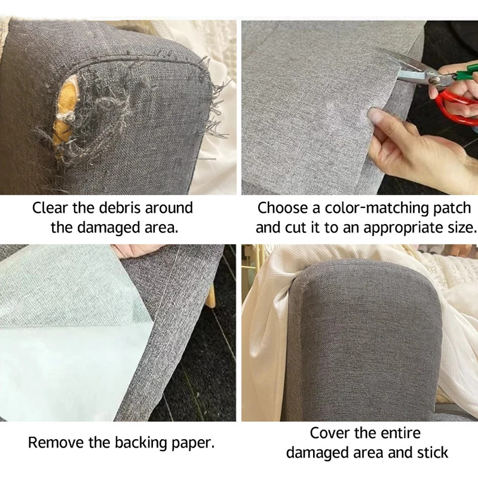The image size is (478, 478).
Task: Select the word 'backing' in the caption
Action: pos(141,443)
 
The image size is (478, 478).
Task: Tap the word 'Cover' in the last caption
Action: pos(329,433)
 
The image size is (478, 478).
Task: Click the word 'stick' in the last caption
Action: pos(433,452)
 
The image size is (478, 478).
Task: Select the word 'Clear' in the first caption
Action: pos(50,208)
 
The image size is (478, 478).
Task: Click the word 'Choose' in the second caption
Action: pos(282,208)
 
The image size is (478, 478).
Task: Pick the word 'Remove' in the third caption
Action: pos(56,443)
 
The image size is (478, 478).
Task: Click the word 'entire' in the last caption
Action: pos(401,433)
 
